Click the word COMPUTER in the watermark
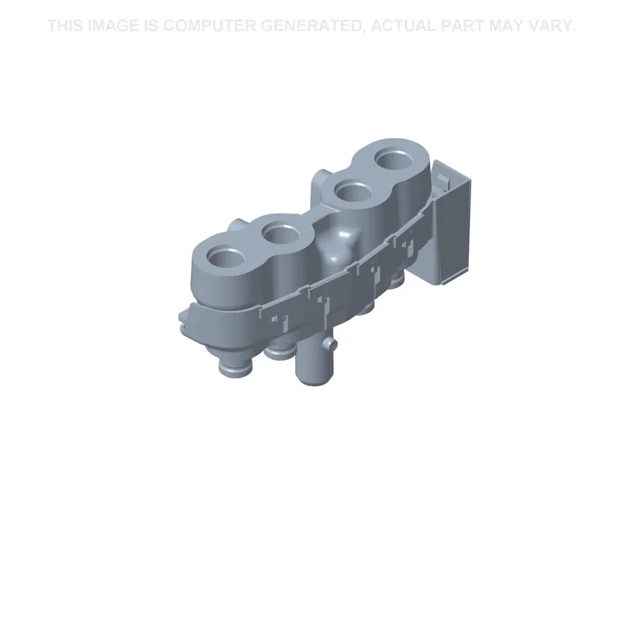[x=209, y=26]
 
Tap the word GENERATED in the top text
[x=314, y=26]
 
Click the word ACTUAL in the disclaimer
[x=403, y=26]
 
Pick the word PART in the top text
[x=463, y=26]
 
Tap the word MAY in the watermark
[x=507, y=26]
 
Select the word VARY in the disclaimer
[x=552, y=26]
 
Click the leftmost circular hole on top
[x=224, y=259]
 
